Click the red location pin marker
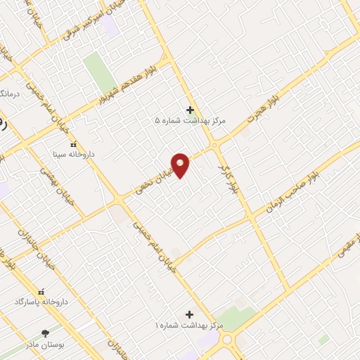click(181, 165)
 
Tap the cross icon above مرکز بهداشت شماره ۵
click(190, 109)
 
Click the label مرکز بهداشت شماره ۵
click(191, 121)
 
